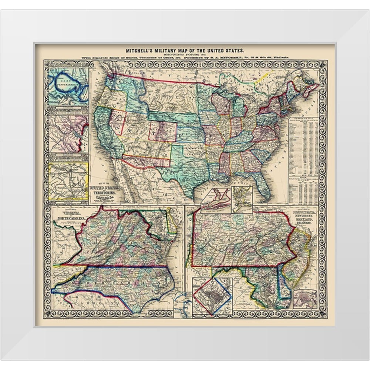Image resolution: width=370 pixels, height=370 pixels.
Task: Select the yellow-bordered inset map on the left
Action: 68,182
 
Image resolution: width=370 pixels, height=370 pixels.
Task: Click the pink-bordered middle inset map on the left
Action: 68,134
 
